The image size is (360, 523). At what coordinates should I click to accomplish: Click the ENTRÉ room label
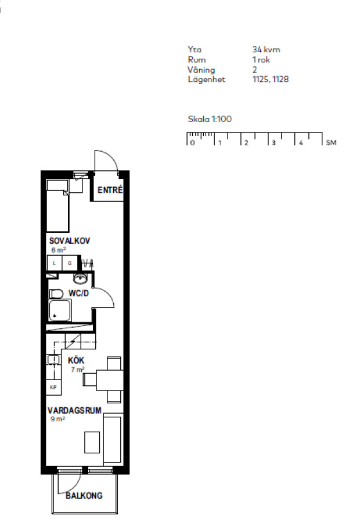(x=110, y=190)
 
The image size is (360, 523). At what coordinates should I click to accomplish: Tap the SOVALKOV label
(x=69, y=241)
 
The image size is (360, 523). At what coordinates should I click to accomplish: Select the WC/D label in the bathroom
(x=78, y=293)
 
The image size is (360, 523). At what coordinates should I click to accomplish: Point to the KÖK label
(x=76, y=360)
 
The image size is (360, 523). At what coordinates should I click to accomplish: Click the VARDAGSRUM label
(x=74, y=410)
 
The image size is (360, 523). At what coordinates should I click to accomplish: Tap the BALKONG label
(x=84, y=496)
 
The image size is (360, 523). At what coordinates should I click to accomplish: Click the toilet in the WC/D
(x=56, y=294)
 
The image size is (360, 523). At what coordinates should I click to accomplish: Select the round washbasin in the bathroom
(x=80, y=278)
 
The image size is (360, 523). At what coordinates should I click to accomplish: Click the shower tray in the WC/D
(x=60, y=310)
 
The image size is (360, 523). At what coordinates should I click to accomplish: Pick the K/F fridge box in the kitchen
(x=53, y=387)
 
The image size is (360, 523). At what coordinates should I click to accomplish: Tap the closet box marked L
(x=55, y=263)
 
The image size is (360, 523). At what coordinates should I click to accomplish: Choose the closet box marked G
(x=70, y=263)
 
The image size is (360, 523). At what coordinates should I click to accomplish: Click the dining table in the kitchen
(x=110, y=380)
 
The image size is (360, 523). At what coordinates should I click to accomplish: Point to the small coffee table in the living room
(x=92, y=442)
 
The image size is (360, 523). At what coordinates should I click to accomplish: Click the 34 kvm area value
(x=266, y=50)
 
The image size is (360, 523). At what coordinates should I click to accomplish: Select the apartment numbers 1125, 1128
(x=271, y=79)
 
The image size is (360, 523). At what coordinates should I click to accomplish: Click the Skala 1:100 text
(x=210, y=119)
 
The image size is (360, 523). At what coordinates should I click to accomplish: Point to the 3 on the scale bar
(x=273, y=143)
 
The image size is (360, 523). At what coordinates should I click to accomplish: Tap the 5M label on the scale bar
(x=331, y=143)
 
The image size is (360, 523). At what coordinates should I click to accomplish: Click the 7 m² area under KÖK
(x=78, y=370)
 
